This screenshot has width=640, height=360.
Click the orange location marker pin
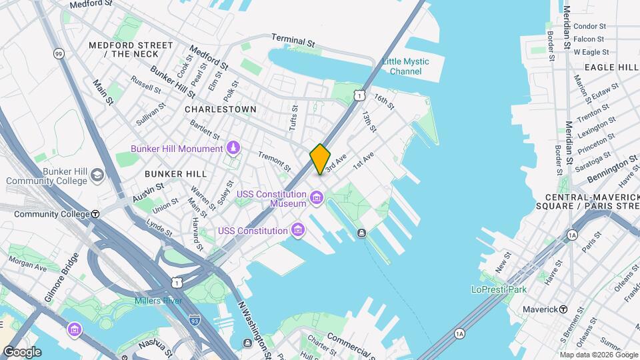320,159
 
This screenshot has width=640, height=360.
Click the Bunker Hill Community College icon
97,175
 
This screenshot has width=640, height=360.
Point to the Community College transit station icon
95,214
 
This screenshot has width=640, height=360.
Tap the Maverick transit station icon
563,309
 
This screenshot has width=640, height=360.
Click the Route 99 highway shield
59,53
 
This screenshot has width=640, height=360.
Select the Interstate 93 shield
195,321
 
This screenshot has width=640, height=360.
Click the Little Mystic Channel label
405,66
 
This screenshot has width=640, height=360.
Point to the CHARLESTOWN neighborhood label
220,109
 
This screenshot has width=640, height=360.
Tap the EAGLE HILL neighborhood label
611,67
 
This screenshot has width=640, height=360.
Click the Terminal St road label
293,41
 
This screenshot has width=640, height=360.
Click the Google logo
22,351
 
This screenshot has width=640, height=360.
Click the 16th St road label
384,101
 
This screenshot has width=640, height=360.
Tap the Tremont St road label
274,160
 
